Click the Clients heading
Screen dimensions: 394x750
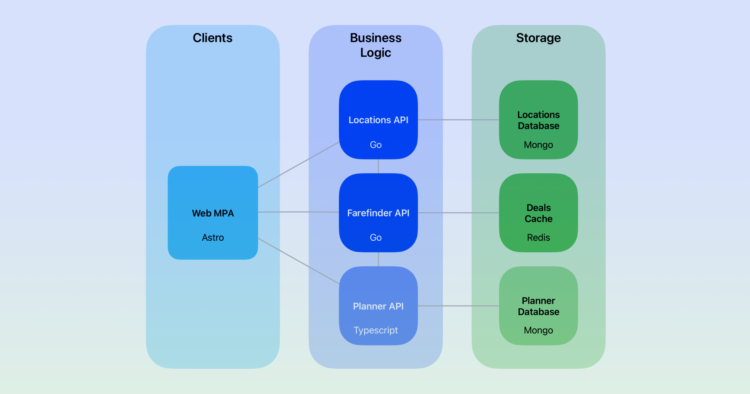(212, 38)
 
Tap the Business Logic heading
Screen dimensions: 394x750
(376, 45)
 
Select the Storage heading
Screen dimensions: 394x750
(538, 38)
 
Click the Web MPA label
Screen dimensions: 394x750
(213, 213)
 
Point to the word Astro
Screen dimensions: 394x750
(213, 238)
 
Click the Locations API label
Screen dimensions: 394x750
(378, 120)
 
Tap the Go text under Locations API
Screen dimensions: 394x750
(376, 145)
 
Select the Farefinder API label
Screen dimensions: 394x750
(378, 213)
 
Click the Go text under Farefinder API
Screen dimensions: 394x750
(376, 238)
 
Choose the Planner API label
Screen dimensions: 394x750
(378, 306)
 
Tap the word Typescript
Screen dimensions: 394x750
(376, 330)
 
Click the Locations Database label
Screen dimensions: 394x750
(538, 120)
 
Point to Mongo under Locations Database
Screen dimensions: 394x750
(538, 145)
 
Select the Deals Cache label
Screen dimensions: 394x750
(538, 213)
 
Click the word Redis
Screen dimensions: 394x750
(538, 238)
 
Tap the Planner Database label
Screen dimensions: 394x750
(538, 306)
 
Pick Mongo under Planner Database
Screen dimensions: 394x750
(538, 330)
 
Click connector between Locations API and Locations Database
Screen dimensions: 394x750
(458, 120)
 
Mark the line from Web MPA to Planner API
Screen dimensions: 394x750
(299, 261)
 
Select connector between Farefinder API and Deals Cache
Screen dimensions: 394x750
(458, 213)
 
